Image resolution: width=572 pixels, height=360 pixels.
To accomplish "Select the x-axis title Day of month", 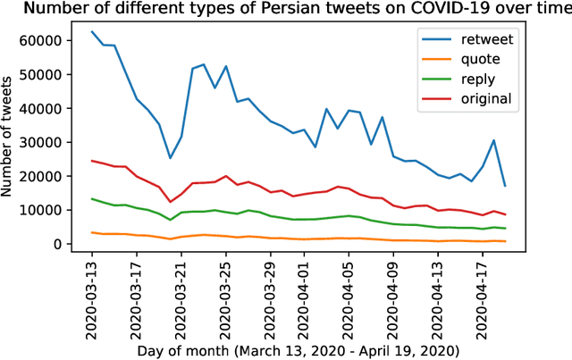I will click(299, 351).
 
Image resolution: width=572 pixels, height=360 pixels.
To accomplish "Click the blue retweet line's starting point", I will click(92, 31).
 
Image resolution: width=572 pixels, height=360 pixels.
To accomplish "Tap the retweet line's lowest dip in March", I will click(171, 158).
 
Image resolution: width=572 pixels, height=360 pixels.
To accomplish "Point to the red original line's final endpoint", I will click(505, 214).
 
